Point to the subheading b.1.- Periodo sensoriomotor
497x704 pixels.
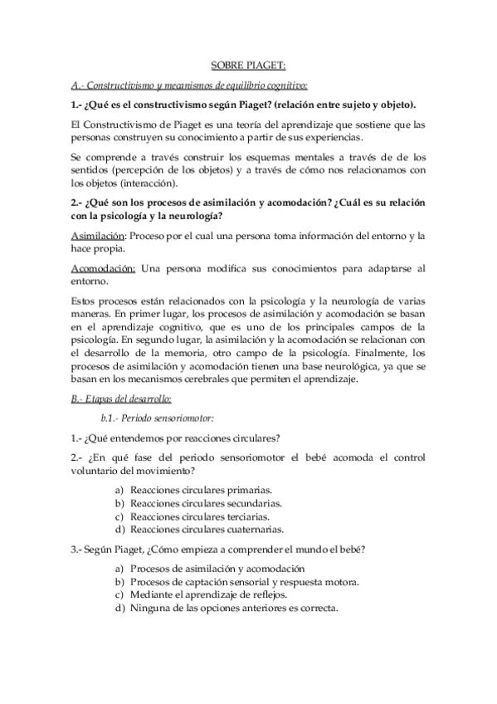[145, 418]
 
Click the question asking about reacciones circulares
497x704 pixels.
[174, 438]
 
